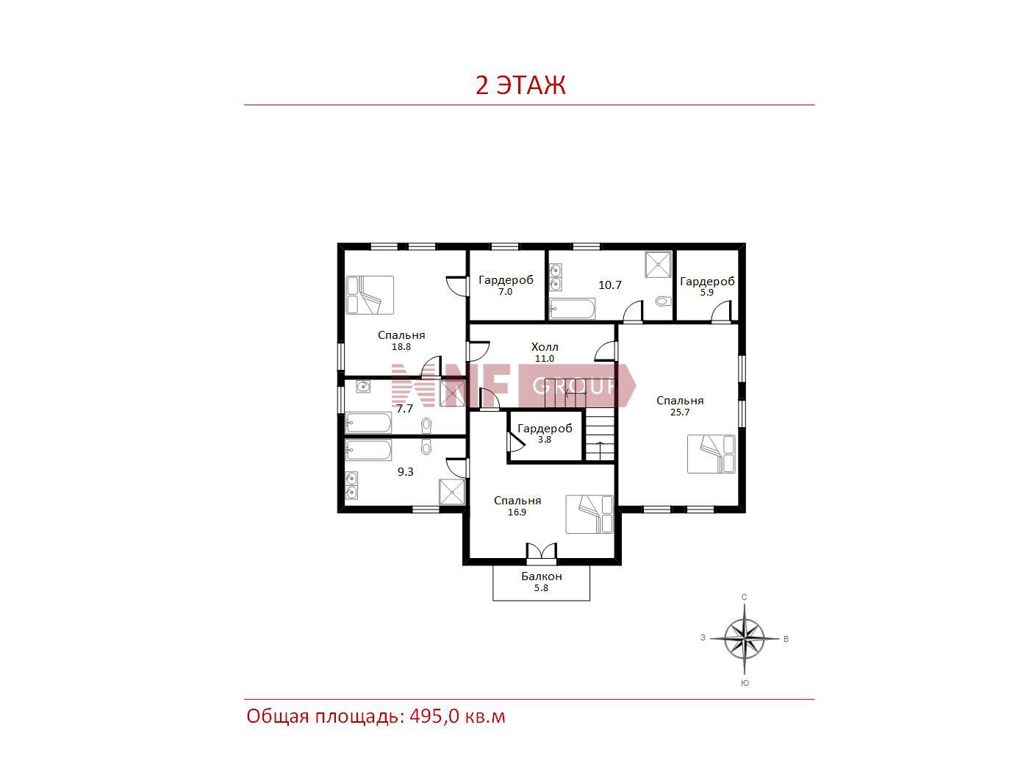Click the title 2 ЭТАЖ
coord(520,85)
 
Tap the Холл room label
coord(545,347)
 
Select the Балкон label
coord(542,576)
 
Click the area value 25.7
coord(680,412)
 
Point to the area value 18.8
coord(401,347)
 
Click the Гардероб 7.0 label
coord(506,285)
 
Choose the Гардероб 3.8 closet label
coord(545,433)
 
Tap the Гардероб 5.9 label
coord(707,286)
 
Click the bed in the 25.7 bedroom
coord(711,454)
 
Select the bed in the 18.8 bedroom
coord(370,295)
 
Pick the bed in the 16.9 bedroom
coord(589,514)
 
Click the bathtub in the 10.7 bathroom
coord(572,308)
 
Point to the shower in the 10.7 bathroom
coord(658,265)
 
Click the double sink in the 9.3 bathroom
coord(351,485)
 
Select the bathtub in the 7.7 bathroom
coord(368,423)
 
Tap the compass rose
coord(745,638)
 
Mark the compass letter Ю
coord(745,683)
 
